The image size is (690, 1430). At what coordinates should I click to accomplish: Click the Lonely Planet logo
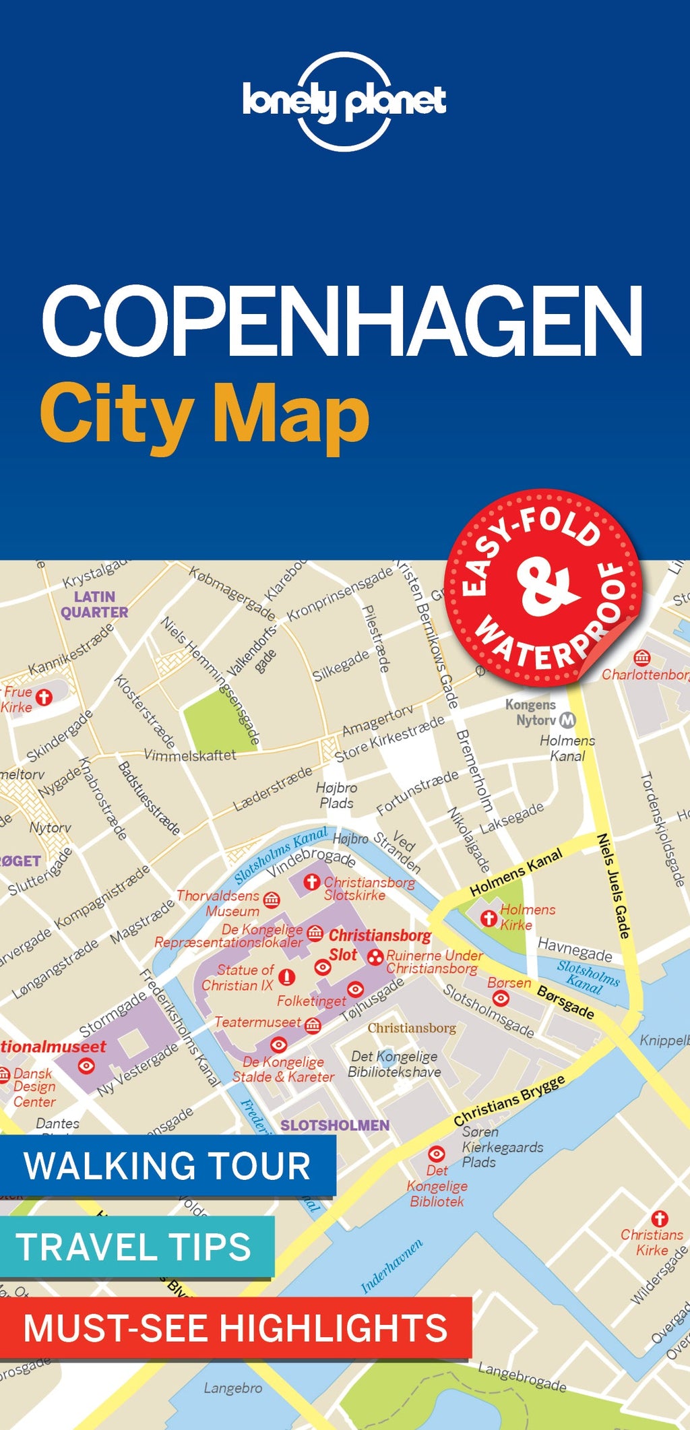pyautogui.click(x=344, y=101)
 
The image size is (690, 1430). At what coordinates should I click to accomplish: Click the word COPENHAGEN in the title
pyautogui.click(x=342, y=321)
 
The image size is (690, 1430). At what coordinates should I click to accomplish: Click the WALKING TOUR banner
pyautogui.click(x=167, y=1165)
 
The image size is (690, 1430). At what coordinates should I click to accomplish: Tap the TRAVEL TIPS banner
pyautogui.click(x=135, y=1246)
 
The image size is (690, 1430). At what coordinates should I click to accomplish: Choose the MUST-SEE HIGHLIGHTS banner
pyautogui.click(x=235, y=1327)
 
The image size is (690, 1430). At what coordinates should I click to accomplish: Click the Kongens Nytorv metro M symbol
pyautogui.click(x=568, y=720)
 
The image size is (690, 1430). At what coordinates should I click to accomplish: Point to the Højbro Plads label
pyautogui.click(x=337, y=795)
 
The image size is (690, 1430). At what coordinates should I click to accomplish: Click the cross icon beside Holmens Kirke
pyautogui.click(x=489, y=918)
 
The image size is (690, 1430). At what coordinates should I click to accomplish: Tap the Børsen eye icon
pyautogui.click(x=501, y=998)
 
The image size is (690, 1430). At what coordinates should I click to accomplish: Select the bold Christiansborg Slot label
pyautogui.click(x=379, y=944)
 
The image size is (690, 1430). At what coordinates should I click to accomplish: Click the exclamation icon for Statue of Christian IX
pyautogui.click(x=287, y=977)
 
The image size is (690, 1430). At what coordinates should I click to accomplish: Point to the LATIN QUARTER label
pyautogui.click(x=94, y=604)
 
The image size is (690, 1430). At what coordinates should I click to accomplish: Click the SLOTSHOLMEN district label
pyautogui.click(x=335, y=1125)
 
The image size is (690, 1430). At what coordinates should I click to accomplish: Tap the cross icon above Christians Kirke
pyautogui.click(x=660, y=1218)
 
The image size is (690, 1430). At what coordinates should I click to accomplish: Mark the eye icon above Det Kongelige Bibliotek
pyautogui.click(x=437, y=1153)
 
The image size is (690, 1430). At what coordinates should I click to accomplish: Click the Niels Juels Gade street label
pyautogui.click(x=614, y=885)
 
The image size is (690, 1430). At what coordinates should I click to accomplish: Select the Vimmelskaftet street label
pyautogui.click(x=190, y=755)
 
